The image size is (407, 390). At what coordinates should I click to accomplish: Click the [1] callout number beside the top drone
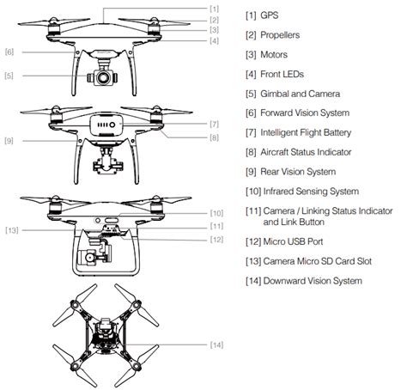(214, 9)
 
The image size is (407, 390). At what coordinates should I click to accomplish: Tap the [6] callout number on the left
(9, 52)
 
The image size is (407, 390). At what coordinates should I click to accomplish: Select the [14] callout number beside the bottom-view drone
(216, 344)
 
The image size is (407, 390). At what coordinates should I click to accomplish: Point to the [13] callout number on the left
(12, 230)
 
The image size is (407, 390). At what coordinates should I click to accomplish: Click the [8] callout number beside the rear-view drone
(214, 137)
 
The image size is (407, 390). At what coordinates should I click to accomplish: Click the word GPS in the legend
(270, 15)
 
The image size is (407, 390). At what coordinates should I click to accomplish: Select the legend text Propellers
(280, 35)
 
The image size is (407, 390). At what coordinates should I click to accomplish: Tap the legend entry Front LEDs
(282, 74)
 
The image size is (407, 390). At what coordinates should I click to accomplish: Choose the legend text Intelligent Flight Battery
(306, 132)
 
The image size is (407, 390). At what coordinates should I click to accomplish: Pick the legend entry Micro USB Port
(293, 241)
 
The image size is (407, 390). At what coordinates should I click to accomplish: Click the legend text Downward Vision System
(313, 281)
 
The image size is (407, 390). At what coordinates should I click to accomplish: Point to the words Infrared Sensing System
(311, 192)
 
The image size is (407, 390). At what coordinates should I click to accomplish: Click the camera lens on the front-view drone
(102, 77)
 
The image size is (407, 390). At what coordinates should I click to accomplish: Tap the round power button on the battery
(112, 125)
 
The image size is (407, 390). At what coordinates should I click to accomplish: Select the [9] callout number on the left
(9, 141)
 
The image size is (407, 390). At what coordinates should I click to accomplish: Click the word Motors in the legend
(274, 54)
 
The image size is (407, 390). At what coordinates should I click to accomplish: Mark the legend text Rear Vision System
(298, 172)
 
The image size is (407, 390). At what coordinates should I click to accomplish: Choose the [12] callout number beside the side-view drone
(216, 240)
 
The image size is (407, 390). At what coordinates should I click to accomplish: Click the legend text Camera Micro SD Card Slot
(318, 261)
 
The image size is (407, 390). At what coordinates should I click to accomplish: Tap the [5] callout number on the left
(9, 76)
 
